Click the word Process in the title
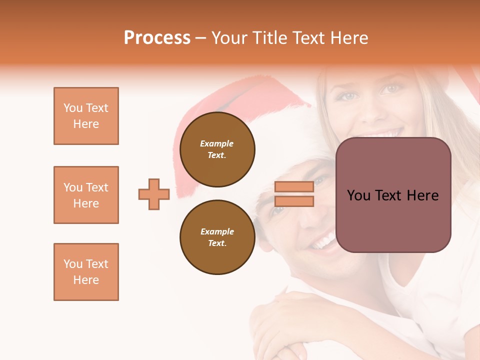[157, 38]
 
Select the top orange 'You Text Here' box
[86, 116]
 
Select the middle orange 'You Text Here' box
[86, 195]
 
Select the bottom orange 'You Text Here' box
[86, 271]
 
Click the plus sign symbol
[154, 194]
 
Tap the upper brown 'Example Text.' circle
[217, 149]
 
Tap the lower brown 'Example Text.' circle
[217, 237]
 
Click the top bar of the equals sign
[294, 187]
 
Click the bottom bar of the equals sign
[294, 201]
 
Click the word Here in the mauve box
[422, 195]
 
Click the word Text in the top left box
[97, 108]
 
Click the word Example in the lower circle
[217, 231]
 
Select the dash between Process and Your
[201, 38]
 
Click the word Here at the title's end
[349, 38]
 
